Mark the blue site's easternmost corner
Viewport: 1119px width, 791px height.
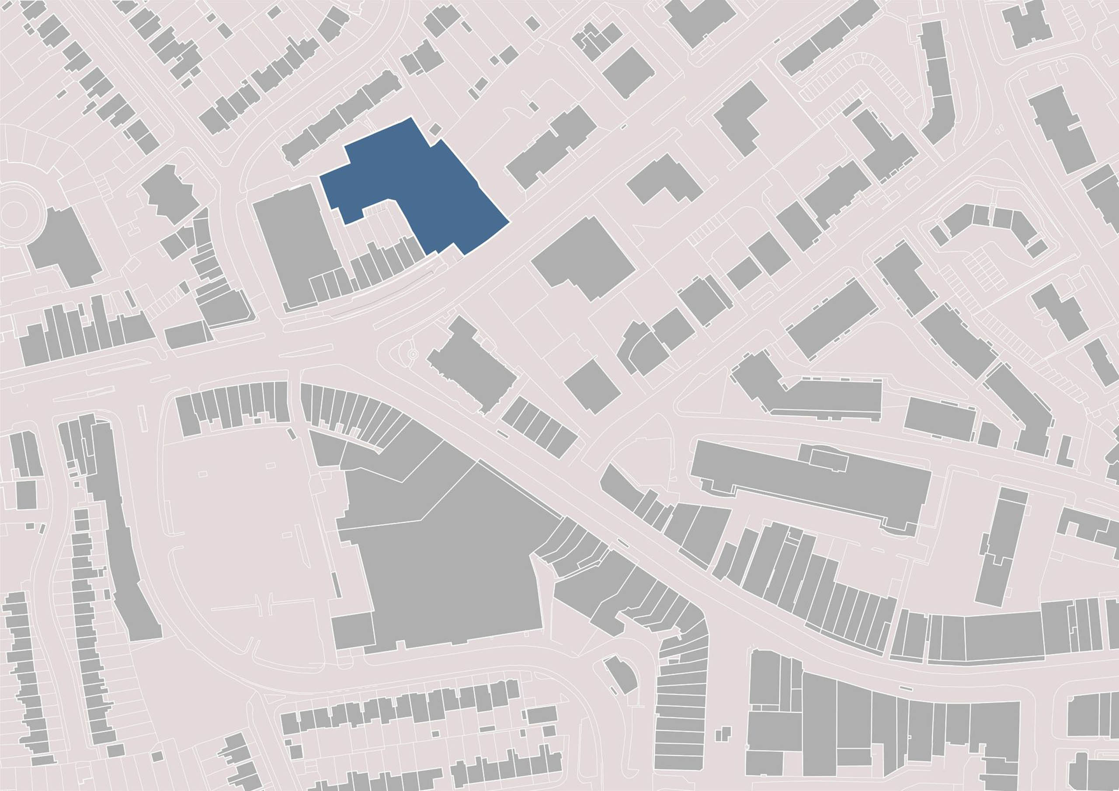point(509,223)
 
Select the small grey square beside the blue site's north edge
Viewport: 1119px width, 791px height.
point(435,129)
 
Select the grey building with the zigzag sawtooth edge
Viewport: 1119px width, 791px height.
point(170,195)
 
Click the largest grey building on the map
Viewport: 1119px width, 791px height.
point(453,560)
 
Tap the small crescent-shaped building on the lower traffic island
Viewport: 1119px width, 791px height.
point(622,674)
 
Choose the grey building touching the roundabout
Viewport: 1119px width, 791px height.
point(63,249)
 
